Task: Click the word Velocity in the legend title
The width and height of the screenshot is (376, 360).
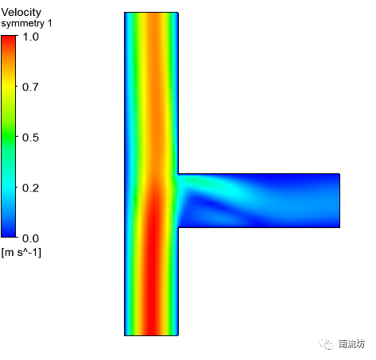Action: pyautogui.click(x=21, y=13)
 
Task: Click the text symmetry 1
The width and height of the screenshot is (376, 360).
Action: pyautogui.click(x=26, y=23)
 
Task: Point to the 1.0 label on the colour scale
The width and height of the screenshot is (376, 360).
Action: pyautogui.click(x=31, y=37)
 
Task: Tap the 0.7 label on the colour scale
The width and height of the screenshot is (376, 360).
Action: pyautogui.click(x=30, y=87)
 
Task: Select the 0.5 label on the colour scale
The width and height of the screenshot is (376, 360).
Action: pyautogui.click(x=30, y=137)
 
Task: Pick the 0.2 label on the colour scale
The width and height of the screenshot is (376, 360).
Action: pyautogui.click(x=30, y=188)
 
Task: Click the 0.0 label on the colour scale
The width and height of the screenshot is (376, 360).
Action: pyautogui.click(x=30, y=238)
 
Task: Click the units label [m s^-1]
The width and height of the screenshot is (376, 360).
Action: pyautogui.click(x=21, y=253)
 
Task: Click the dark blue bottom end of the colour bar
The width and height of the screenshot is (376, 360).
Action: pyautogui.click(x=9, y=233)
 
